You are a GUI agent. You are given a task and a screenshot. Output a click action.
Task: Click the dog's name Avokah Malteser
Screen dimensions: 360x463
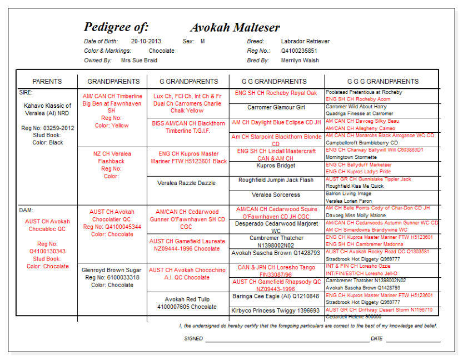(x=235, y=28)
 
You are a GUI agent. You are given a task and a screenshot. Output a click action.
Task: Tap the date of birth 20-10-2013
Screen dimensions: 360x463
(x=146, y=41)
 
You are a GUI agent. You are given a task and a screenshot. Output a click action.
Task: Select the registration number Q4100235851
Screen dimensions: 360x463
(x=300, y=51)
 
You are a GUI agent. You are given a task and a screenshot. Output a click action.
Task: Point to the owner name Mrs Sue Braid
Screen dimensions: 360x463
(x=139, y=60)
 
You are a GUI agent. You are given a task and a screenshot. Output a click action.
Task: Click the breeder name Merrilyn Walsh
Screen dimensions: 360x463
(x=300, y=60)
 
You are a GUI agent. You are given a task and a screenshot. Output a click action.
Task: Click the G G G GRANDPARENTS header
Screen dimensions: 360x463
(x=383, y=82)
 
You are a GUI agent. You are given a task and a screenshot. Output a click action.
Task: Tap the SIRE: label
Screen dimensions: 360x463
(x=26, y=92)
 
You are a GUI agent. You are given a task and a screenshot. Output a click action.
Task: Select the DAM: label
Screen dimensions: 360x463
(x=26, y=211)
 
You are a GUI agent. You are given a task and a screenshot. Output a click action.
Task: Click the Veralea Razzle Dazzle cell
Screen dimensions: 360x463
(x=186, y=183)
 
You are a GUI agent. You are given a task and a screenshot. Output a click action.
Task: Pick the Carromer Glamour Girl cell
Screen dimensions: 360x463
(x=276, y=107)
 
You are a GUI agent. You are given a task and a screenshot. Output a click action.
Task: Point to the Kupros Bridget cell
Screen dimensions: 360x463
(x=276, y=166)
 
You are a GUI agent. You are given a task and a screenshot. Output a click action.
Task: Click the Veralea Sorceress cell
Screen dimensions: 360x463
(x=276, y=195)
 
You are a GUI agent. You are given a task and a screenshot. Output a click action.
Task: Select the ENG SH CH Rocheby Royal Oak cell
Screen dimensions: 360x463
(x=276, y=93)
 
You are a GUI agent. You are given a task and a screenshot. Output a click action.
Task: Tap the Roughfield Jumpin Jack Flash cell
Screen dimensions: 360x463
(x=276, y=180)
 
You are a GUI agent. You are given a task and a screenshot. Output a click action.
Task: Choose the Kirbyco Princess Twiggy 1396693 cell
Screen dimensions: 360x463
(x=276, y=311)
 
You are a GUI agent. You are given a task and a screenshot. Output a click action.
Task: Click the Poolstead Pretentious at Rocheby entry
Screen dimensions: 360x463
(x=364, y=92)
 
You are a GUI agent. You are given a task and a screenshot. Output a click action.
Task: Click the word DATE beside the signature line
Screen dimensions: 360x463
(x=376, y=338)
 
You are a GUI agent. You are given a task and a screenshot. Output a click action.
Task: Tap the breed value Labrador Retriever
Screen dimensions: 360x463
(x=305, y=41)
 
